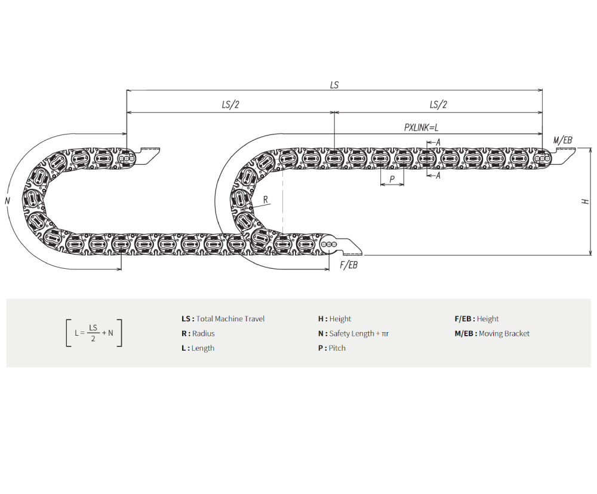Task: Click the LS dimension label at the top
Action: click(334, 85)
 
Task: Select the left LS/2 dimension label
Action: click(230, 105)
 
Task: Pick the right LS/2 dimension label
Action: click(438, 105)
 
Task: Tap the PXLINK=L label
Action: click(421, 127)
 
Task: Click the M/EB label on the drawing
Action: click(563, 140)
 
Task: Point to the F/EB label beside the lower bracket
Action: click(349, 265)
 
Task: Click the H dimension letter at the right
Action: click(586, 201)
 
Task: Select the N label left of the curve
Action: click(7, 201)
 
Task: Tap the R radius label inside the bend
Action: click(266, 199)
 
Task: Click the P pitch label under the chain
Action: click(392, 179)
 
